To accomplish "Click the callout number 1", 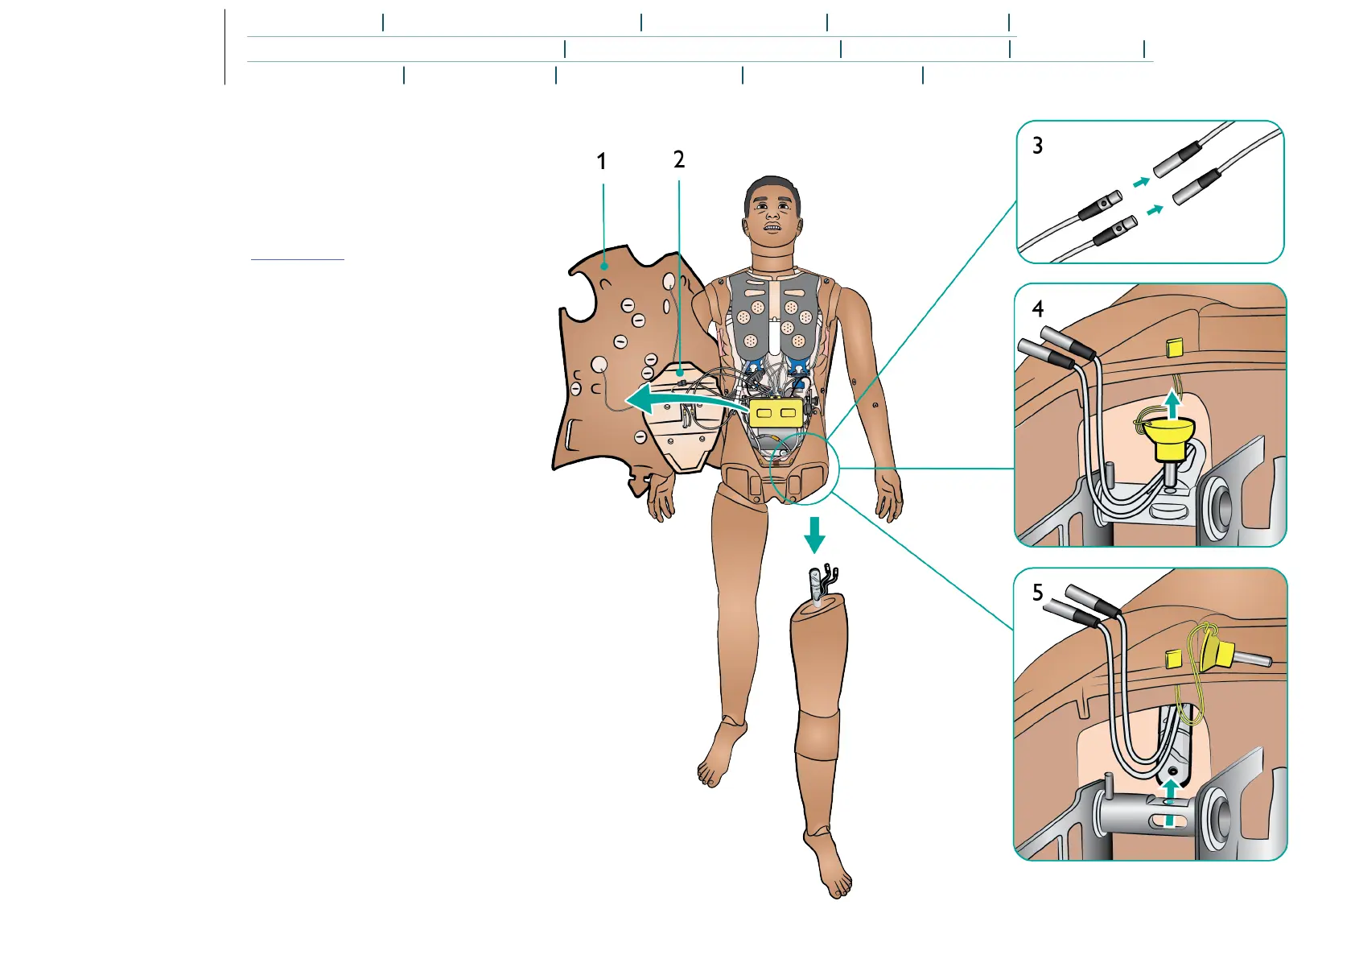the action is click(x=601, y=162).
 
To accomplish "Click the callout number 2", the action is click(x=679, y=160).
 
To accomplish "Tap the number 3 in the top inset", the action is click(x=1038, y=146).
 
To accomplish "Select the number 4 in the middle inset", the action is click(x=1038, y=309).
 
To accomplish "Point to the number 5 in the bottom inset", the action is click(x=1038, y=593).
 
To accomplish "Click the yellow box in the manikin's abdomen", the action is click(x=776, y=412).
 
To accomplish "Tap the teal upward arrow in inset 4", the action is click(x=1173, y=403).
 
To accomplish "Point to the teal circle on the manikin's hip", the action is click(x=804, y=469).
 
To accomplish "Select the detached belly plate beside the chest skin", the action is click(x=684, y=419).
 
